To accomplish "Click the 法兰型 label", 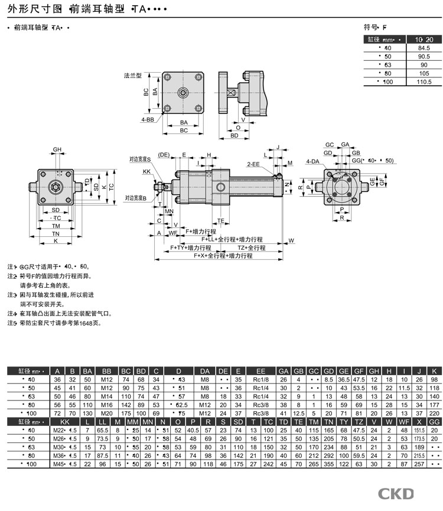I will click(133, 76).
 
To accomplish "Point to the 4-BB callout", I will click(148, 119).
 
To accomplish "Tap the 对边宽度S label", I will click(141, 160).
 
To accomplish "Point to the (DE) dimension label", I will click(164, 155).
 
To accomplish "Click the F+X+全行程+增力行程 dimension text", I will click(223, 256).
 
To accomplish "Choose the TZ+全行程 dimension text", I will click(252, 248).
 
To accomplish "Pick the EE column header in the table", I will click(260, 370).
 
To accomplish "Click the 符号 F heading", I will click(374, 27).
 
